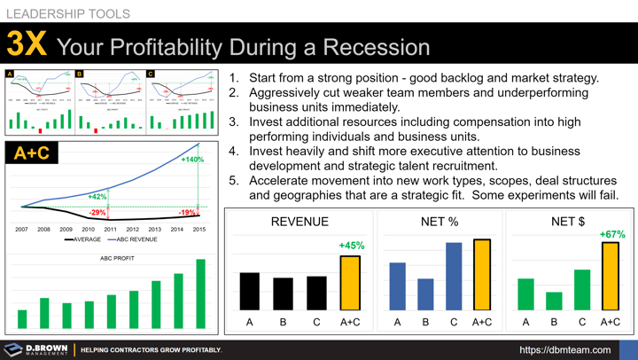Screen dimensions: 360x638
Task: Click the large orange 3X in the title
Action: coord(27,44)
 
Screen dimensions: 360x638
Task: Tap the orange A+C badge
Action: coord(32,153)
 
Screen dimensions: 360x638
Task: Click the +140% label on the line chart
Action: coord(192,160)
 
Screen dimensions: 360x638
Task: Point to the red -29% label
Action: coord(97,213)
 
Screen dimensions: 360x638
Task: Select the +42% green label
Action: coord(97,196)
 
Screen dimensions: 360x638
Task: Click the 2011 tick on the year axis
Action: coord(110,229)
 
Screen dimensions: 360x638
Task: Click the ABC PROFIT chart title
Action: coord(117,258)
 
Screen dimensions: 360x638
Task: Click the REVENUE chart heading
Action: coord(300,222)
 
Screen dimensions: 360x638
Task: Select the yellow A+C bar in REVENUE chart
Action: coord(350,283)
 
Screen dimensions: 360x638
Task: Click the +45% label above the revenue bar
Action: coord(352,246)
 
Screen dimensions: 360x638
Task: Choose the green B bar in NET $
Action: coord(554,301)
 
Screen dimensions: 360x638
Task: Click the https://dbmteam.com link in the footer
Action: coord(564,349)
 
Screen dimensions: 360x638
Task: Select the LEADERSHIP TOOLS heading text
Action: coord(68,13)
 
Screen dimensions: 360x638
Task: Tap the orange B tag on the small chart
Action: coord(80,74)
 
